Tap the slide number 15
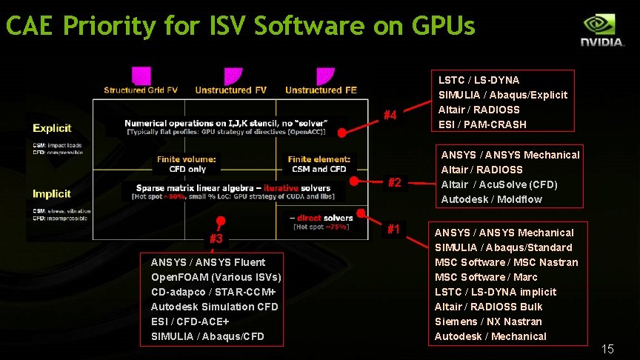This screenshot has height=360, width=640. click(x=607, y=349)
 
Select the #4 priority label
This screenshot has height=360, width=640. click(x=390, y=115)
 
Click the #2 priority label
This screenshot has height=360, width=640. click(x=394, y=182)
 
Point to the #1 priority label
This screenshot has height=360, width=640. click(x=394, y=230)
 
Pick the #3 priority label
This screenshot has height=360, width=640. click(x=216, y=239)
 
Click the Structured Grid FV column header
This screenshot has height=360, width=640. click(x=141, y=90)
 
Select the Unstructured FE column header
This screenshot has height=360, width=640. click(x=321, y=90)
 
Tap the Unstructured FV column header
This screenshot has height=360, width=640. click(x=231, y=90)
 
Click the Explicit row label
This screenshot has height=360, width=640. click(x=52, y=128)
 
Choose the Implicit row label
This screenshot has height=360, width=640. click(x=52, y=194)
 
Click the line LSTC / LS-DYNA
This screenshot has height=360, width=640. click(x=479, y=80)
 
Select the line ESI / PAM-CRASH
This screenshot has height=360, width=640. click(x=482, y=124)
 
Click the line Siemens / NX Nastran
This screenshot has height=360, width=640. click(x=488, y=321)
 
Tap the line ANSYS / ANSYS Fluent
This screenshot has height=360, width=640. click(x=208, y=262)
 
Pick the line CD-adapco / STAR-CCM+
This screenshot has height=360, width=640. click(x=213, y=292)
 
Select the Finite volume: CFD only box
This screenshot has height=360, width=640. click(x=187, y=164)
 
